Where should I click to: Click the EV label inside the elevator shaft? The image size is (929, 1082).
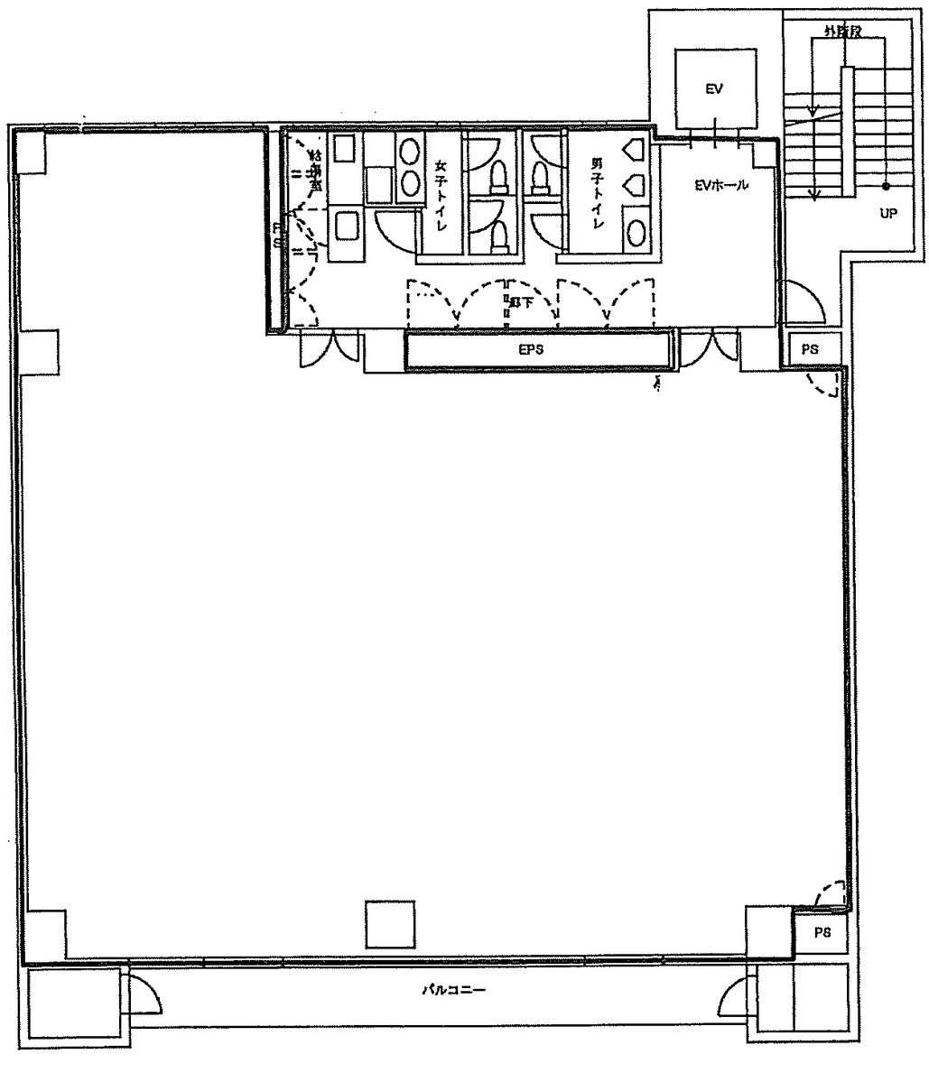pyautogui.click(x=715, y=89)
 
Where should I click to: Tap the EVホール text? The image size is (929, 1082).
pyautogui.click(x=720, y=186)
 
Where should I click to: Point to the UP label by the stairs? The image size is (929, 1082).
pyautogui.click(x=887, y=214)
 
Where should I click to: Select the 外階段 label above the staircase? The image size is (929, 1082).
pyautogui.click(x=841, y=31)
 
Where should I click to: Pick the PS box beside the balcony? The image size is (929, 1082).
pyautogui.click(x=821, y=933)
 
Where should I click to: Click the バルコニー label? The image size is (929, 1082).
pyautogui.click(x=455, y=990)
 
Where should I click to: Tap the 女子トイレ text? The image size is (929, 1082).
pyautogui.click(x=441, y=195)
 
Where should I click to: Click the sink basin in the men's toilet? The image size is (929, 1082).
pyautogui.click(x=636, y=230)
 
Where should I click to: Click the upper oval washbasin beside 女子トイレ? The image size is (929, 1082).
pyautogui.click(x=410, y=149)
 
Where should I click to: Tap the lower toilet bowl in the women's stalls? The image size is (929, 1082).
pyautogui.click(x=497, y=236)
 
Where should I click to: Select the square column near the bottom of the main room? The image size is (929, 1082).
pyautogui.click(x=390, y=924)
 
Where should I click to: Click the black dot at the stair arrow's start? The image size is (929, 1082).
pyautogui.click(x=885, y=185)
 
